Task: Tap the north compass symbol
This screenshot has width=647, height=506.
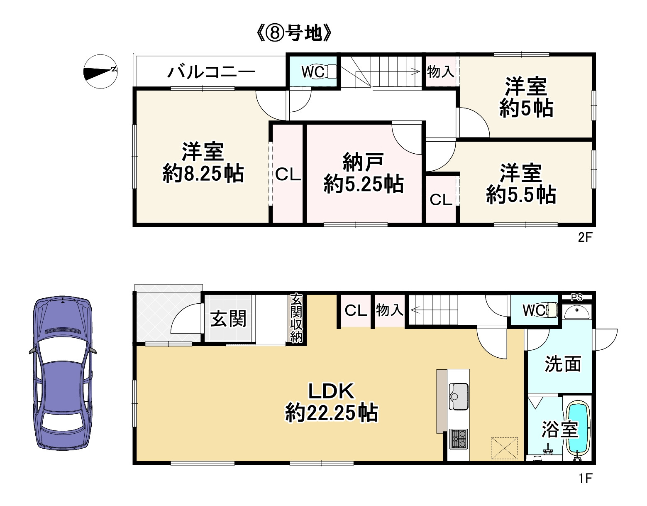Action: pos(100,71)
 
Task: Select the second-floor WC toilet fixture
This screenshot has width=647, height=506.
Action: pos(331,71)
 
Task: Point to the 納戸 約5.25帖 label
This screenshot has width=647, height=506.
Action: pos(363,173)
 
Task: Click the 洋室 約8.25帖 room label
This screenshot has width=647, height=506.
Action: pos(203,162)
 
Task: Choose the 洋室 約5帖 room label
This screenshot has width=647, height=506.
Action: pos(526,98)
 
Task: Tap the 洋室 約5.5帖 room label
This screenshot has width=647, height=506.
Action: pos(521,184)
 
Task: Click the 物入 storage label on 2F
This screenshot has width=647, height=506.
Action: pos(440,72)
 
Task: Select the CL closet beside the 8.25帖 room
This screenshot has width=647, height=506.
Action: pos(288,174)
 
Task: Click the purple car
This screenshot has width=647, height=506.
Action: pos(63,373)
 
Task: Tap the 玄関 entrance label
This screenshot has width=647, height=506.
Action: pos(228,319)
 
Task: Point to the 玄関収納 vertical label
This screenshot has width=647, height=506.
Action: pos(296,318)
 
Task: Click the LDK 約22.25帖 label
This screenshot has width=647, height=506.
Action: pos(331,402)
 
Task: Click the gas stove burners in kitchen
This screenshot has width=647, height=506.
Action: pos(458,438)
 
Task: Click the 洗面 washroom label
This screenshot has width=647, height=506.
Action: pos(562,364)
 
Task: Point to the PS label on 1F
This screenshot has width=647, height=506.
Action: pos(576,297)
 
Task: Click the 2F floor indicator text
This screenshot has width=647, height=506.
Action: pos(584,238)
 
